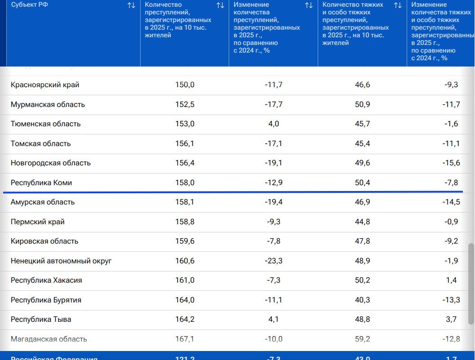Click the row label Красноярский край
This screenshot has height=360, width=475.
pos(45,85)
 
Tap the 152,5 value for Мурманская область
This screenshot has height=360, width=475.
pos(185,105)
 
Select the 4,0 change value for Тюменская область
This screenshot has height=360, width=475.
pos(274,124)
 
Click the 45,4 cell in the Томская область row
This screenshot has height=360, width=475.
pos(362,144)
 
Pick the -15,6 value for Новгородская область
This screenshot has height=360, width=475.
pos(451,163)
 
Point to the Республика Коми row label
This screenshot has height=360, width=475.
pos(41,183)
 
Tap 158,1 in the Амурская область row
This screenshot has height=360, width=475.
pos(185,202)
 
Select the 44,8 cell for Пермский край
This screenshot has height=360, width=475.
pos(362,222)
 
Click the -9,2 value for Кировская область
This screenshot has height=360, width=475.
pos(451,241)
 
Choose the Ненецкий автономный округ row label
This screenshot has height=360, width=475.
pos(61,261)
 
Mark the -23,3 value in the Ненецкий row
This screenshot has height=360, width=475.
pos(274,261)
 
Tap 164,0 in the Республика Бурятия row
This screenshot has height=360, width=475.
pos(185,300)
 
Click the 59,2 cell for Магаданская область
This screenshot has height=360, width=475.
pos(362,339)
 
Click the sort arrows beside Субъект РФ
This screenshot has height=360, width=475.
pos(131,5)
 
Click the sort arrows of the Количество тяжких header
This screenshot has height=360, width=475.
pos(398,5)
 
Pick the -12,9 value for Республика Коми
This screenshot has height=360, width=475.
pos(274,183)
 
